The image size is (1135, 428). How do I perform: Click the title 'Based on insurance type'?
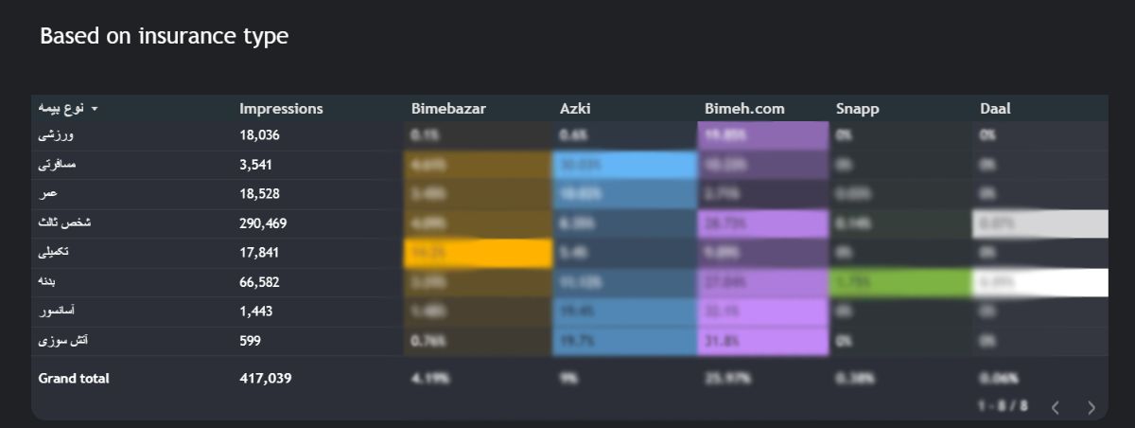(x=164, y=37)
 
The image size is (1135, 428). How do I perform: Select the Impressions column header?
(x=281, y=109)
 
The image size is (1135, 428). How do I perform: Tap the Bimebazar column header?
(x=448, y=109)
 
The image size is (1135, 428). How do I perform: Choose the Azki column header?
(x=575, y=109)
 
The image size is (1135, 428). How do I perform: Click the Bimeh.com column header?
(x=744, y=109)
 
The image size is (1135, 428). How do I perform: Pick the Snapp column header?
(x=858, y=109)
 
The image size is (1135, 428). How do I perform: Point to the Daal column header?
(x=995, y=109)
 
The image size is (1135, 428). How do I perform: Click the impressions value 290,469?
(x=263, y=224)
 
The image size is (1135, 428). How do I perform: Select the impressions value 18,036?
(x=259, y=135)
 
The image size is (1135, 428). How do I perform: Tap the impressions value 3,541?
(x=255, y=165)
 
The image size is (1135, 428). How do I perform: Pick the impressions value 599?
(x=251, y=341)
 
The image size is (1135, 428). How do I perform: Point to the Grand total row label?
(x=74, y=379)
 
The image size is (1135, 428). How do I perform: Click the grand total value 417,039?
(x=266, y=379)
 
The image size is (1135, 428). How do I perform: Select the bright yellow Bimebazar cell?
(x=477, y=254)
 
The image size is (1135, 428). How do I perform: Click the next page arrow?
(x=1091, y=407)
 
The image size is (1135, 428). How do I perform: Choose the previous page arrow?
(x=1056, y=407)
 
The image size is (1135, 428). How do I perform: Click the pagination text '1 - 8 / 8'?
(x=1003, y=406)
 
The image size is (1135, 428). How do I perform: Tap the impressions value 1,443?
(x=255, y=312)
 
